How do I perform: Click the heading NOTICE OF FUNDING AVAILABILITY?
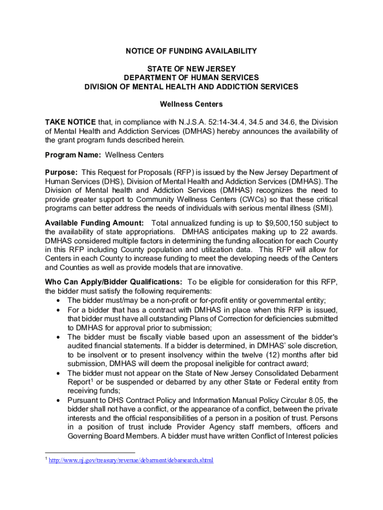[x=191, y=51]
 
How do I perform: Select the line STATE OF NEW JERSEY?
[x=191, y=68]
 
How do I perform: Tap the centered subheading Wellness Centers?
[x=191, y=105]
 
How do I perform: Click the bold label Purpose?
[x=61, y=172]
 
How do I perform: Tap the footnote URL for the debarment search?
[x=131, y=460]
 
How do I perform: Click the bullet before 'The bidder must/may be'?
[x=60, y=300]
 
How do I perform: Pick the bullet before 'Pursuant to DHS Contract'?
[x=60, y=400]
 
